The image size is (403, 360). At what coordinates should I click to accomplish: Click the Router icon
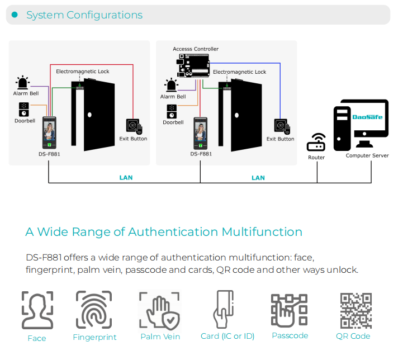pyautogui.click(x=316, y=143)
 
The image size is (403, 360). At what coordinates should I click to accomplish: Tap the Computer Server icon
pyautogui.click(x=361, y=125)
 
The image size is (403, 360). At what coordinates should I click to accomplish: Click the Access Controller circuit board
pyautogui.click(x=193, y=65)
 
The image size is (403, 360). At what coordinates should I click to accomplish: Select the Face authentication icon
pyautogui.click(x=37, y=310)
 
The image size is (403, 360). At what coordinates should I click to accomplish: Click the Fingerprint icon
pyautogui.click(x=94, y=310)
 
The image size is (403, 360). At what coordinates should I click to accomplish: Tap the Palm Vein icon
pyautogui.click(x=160, y=310)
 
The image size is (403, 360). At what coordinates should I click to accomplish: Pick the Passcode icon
pyautogui.click(x=289, y=310)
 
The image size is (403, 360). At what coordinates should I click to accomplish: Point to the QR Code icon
pyautogui.click(x=355, y=310)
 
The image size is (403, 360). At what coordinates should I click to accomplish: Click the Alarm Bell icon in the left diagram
pyautogui.click(x=22, y=83)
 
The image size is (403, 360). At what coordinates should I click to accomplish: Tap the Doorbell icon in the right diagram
pyautogui.click(x=172, y=111)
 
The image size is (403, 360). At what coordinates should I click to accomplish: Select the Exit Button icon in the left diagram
pyautogui.click(x=134, y=126)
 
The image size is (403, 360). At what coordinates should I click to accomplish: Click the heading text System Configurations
pyautogui.click(x=84, y=15)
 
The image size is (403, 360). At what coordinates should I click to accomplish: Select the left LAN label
pyautogui.click(x=126, y=178)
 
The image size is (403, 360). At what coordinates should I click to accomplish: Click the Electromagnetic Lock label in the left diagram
pyautogui.click(x=83, y=72)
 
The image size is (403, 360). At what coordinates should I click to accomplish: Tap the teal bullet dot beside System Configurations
pyautogui.click(x=15, y=15)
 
